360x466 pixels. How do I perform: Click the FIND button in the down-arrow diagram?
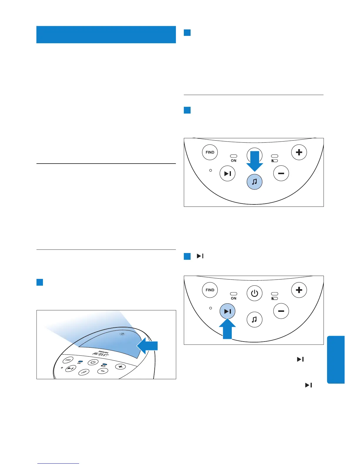210,152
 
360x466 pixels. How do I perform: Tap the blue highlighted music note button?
254,182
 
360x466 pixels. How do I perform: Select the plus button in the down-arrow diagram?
299,152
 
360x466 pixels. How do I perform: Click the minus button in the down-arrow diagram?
281,174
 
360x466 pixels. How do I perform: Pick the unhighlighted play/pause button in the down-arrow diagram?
227,174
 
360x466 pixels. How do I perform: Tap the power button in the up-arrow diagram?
254,293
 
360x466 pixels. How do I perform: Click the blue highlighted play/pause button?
227,311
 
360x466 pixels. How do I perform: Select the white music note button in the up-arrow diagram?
254,319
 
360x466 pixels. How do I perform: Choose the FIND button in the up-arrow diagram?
210,290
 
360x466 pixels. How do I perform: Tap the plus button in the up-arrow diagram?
299,290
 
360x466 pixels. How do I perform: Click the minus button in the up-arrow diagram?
281,311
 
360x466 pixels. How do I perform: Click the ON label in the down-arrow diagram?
234,161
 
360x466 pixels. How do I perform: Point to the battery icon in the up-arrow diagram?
274,298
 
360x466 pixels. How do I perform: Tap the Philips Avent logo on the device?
101,353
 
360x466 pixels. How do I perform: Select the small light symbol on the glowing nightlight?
122,334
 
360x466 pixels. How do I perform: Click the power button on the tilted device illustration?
93,362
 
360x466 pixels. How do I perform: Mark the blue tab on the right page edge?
336,360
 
